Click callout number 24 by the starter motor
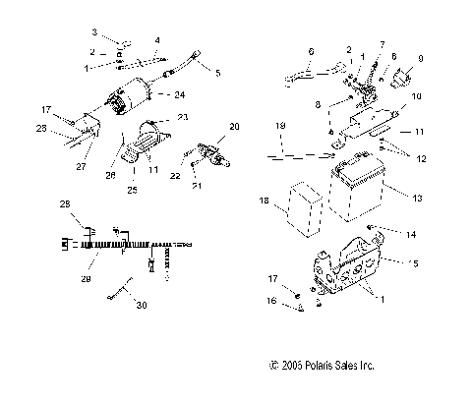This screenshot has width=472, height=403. click(x=180, y=94)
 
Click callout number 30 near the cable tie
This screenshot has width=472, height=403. click(x=143, y=306)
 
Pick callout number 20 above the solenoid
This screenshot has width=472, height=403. click(x=234, y=128)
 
